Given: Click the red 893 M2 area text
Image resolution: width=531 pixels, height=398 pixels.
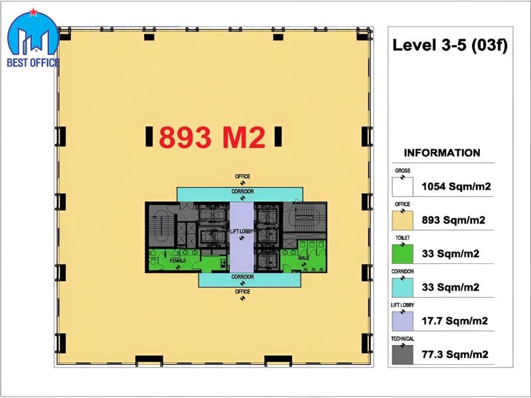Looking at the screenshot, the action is coord(212,137).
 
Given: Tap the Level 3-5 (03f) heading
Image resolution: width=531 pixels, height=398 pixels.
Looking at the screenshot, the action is coord(450,45).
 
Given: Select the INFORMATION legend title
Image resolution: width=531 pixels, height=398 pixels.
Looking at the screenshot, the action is coord(442,153).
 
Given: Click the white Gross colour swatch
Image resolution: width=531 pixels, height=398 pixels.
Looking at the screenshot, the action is coord(403,187).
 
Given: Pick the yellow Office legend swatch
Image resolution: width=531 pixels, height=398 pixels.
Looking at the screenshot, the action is coord(403,220).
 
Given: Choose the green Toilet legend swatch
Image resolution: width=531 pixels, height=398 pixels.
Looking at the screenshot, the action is coord(403,254).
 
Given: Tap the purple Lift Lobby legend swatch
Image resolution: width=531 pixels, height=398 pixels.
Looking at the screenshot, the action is coord(403,321).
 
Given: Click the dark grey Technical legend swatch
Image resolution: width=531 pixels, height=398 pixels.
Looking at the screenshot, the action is coord(403,355).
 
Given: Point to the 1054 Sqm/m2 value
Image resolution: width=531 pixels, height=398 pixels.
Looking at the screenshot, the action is coord(456,186).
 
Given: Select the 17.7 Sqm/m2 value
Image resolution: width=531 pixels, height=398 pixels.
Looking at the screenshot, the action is coord(455,321).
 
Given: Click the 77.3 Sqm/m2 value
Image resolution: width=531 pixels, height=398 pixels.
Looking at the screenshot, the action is coord(455,354).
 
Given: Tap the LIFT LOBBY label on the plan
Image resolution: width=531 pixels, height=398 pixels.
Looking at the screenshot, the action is coord(242,232).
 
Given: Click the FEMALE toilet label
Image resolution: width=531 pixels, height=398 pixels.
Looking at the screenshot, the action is coord(178,261).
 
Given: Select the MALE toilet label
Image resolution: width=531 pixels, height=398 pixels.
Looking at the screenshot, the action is coord(304,258).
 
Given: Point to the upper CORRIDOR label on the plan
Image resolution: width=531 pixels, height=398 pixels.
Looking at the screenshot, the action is coord(243,192).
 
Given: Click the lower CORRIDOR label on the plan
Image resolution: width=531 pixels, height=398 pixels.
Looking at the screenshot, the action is coord(243,277).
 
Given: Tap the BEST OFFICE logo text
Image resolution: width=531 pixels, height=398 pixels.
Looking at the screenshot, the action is coord(33,62).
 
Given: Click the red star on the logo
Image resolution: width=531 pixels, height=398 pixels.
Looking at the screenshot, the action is coord(33,12).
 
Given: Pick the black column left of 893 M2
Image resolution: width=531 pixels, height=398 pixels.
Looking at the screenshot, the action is coord(149,137).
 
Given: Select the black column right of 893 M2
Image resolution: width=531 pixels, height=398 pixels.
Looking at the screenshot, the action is coord(278,137).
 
